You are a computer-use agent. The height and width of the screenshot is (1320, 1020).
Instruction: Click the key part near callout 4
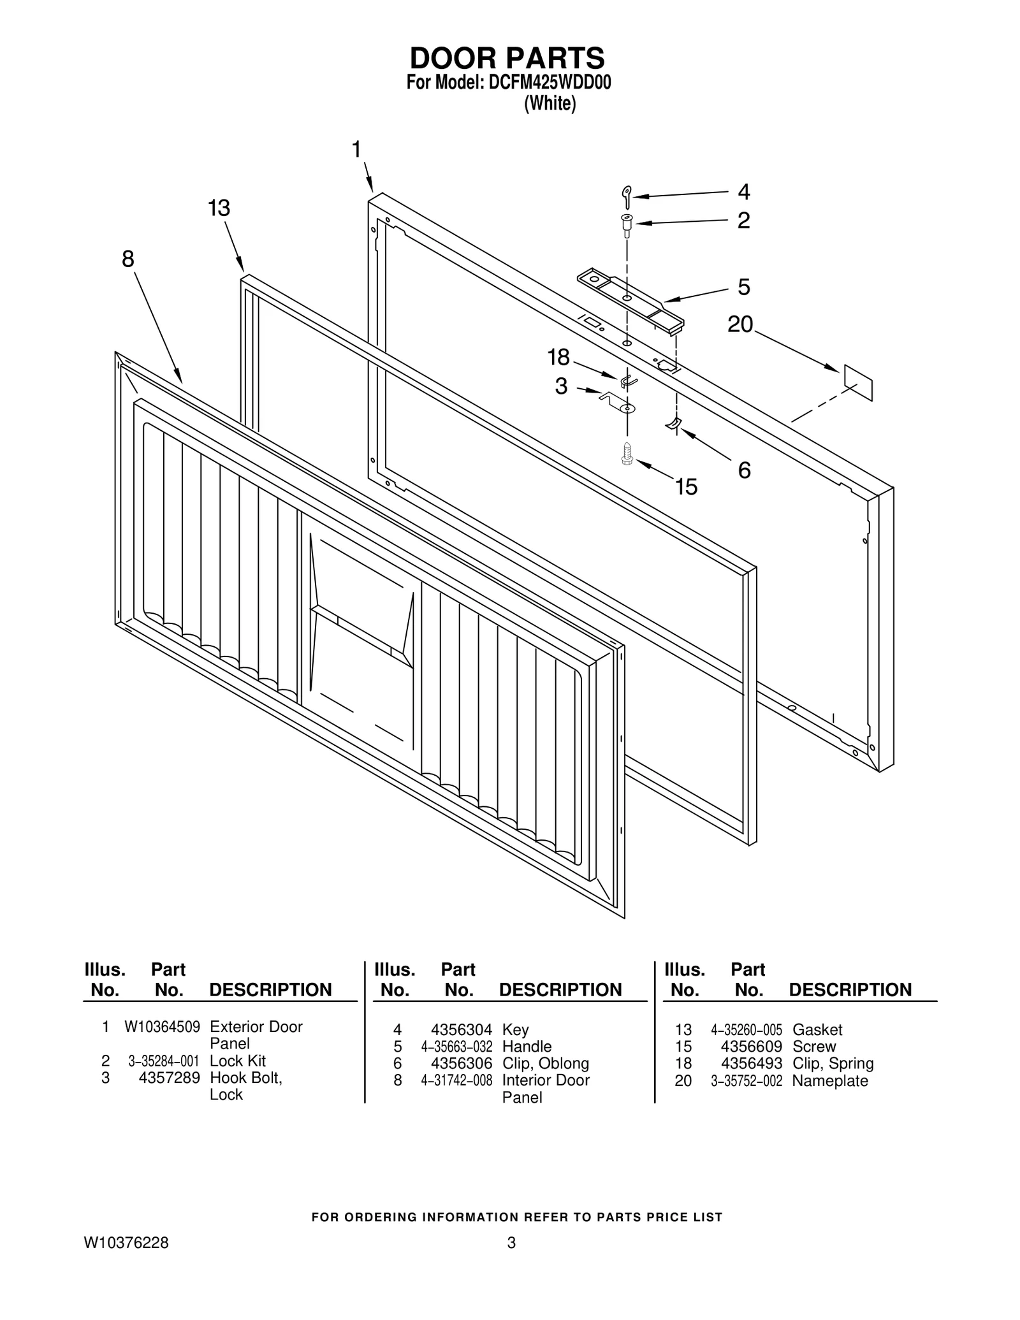(x=627, y=196)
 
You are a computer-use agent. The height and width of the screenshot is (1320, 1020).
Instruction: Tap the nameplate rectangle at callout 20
(x=858, y=382)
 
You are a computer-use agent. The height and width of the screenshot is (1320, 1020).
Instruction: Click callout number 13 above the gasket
(x=219, y=208)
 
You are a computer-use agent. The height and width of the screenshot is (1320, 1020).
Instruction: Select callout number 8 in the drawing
(x=128, y=259)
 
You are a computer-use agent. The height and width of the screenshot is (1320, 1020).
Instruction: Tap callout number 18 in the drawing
(x=558, y=358)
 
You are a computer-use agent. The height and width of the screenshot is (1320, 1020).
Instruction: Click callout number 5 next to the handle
(x=743, y=287)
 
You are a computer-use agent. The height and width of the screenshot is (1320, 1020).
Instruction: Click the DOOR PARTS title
(x=507, y=58)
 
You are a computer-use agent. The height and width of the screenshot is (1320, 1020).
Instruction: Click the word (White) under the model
(x=550, y=103)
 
